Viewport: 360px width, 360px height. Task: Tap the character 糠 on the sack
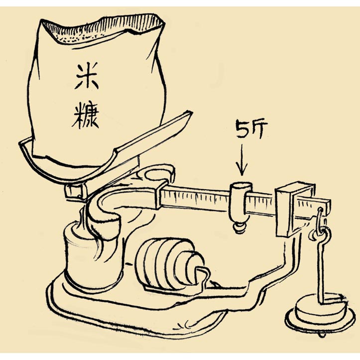[86, 116]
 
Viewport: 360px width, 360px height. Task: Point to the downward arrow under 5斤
[242, 159]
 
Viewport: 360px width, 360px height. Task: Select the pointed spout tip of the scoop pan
[189, 113]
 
